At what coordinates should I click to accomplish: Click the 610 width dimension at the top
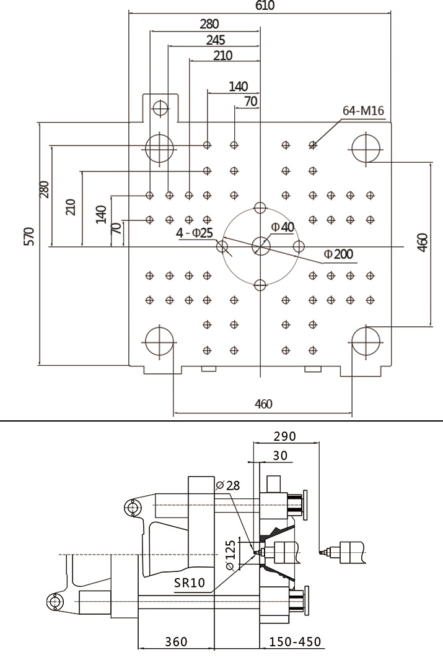(x=265, y=6)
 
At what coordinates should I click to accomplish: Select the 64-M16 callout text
(x=363, y=111)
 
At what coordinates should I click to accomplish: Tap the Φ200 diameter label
(x=338, y=254)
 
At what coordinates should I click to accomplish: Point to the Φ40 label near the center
(x=283, y=227)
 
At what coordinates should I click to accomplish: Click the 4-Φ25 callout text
(x=195, y=233)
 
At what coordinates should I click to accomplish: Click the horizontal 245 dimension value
(x=216, y=40)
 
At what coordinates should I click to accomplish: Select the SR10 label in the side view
(x=190, y=583)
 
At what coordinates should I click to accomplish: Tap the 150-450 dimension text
(x=296, y=642)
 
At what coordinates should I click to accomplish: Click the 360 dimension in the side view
(x=176, y=642)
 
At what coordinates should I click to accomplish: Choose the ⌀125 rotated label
(x=230, y=555)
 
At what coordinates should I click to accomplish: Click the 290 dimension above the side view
(x=285, y=436)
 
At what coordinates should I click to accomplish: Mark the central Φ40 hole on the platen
(x=261, y=246)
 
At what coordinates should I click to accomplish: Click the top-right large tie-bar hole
(x=366, y=148)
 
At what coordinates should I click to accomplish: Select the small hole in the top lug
(x=160, y=108)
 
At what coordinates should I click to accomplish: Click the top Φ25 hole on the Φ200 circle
(x=260, y=207)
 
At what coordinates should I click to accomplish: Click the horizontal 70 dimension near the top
(x=250, y=102)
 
